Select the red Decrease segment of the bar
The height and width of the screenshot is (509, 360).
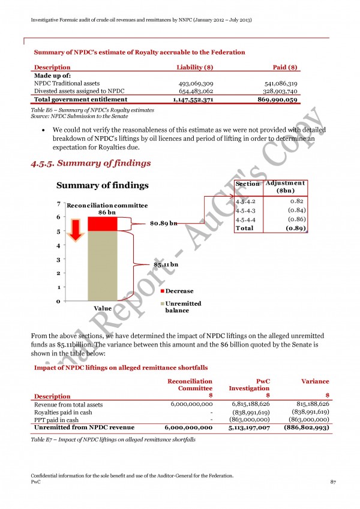pyautogui.click(x=102, y=223)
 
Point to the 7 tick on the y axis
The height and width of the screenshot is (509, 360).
pyautogui.click(x=58, y=203)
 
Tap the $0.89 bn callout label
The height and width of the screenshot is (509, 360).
pyautogui.click(x=163, y=224)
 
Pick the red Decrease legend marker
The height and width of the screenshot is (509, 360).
pyautogui.click(x=163, y=291)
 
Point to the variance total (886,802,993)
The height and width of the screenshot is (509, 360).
pyautogui.click(x=301, y=428)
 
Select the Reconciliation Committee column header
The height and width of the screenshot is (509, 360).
pyautogui.click(x=189, y=384)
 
